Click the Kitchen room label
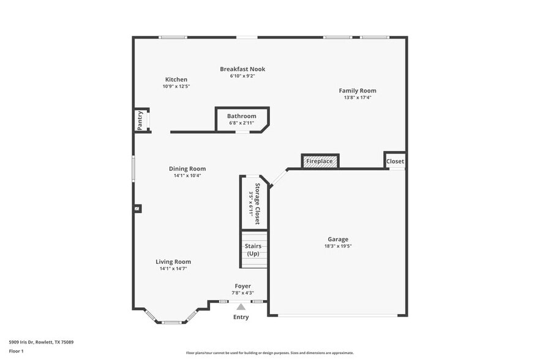coord(176,80)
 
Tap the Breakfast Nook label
coord(242,69)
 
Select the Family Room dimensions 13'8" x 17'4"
coord(358,97)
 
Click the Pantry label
coord(140,120)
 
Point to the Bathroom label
coord(241,116)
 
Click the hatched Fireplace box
coord(320,161)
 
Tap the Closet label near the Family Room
coord(395,162)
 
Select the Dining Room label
coord(187,169)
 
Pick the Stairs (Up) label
coord(253,250)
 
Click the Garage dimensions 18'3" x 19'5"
coord(337,246)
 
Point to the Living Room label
coord(173,261)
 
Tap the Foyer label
coord(242,286)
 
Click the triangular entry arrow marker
coord(241,307)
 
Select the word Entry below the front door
coord(241,317)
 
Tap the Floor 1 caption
coord(16,351)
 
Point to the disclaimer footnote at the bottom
coord(269,353)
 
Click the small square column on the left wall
coord(137,208)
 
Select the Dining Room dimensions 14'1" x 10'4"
coord(187,176)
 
